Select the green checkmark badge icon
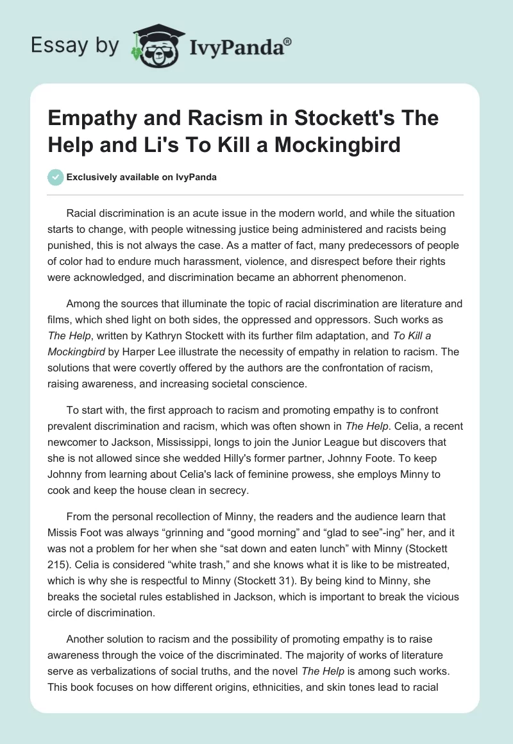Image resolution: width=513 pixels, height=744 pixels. pos(56,176)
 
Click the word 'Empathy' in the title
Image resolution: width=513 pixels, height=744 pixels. pos(92,119)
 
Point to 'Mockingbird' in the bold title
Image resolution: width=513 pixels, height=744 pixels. pos(339,144)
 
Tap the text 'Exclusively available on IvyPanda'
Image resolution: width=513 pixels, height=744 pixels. pos(141,177)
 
